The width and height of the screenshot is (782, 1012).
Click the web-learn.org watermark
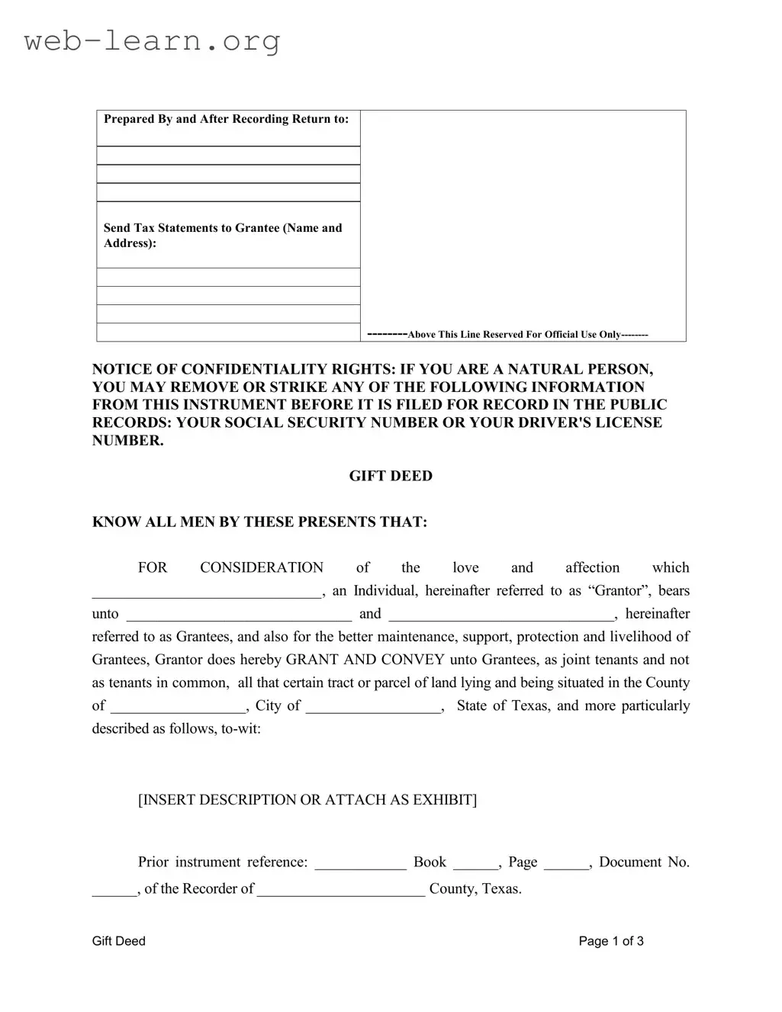tap(152, 40)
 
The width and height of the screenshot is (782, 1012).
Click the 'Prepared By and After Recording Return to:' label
tap(226, 119)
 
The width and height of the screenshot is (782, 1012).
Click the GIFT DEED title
tap(391, 476)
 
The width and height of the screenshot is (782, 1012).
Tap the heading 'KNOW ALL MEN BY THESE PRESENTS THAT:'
tap(259, 522)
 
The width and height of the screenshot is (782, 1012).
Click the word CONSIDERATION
tap(262, 568)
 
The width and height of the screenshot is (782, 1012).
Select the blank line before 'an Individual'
tap(207, 594)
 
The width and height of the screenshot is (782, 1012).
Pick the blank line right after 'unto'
tap(239, 617)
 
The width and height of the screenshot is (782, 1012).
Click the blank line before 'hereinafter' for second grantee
tap(501, 617)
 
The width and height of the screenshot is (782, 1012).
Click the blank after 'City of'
tap(374, 709)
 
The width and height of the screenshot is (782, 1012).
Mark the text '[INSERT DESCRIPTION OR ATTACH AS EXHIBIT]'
tap(307, 800)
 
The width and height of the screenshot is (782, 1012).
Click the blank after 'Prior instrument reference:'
tap(360, 866)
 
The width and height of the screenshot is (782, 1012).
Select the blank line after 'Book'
tap(475, 866)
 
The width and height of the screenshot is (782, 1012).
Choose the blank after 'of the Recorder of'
tap(341, 892)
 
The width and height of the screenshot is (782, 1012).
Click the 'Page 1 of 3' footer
tap(610, 941)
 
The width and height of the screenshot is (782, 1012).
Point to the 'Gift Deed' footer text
tap(118, 941)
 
